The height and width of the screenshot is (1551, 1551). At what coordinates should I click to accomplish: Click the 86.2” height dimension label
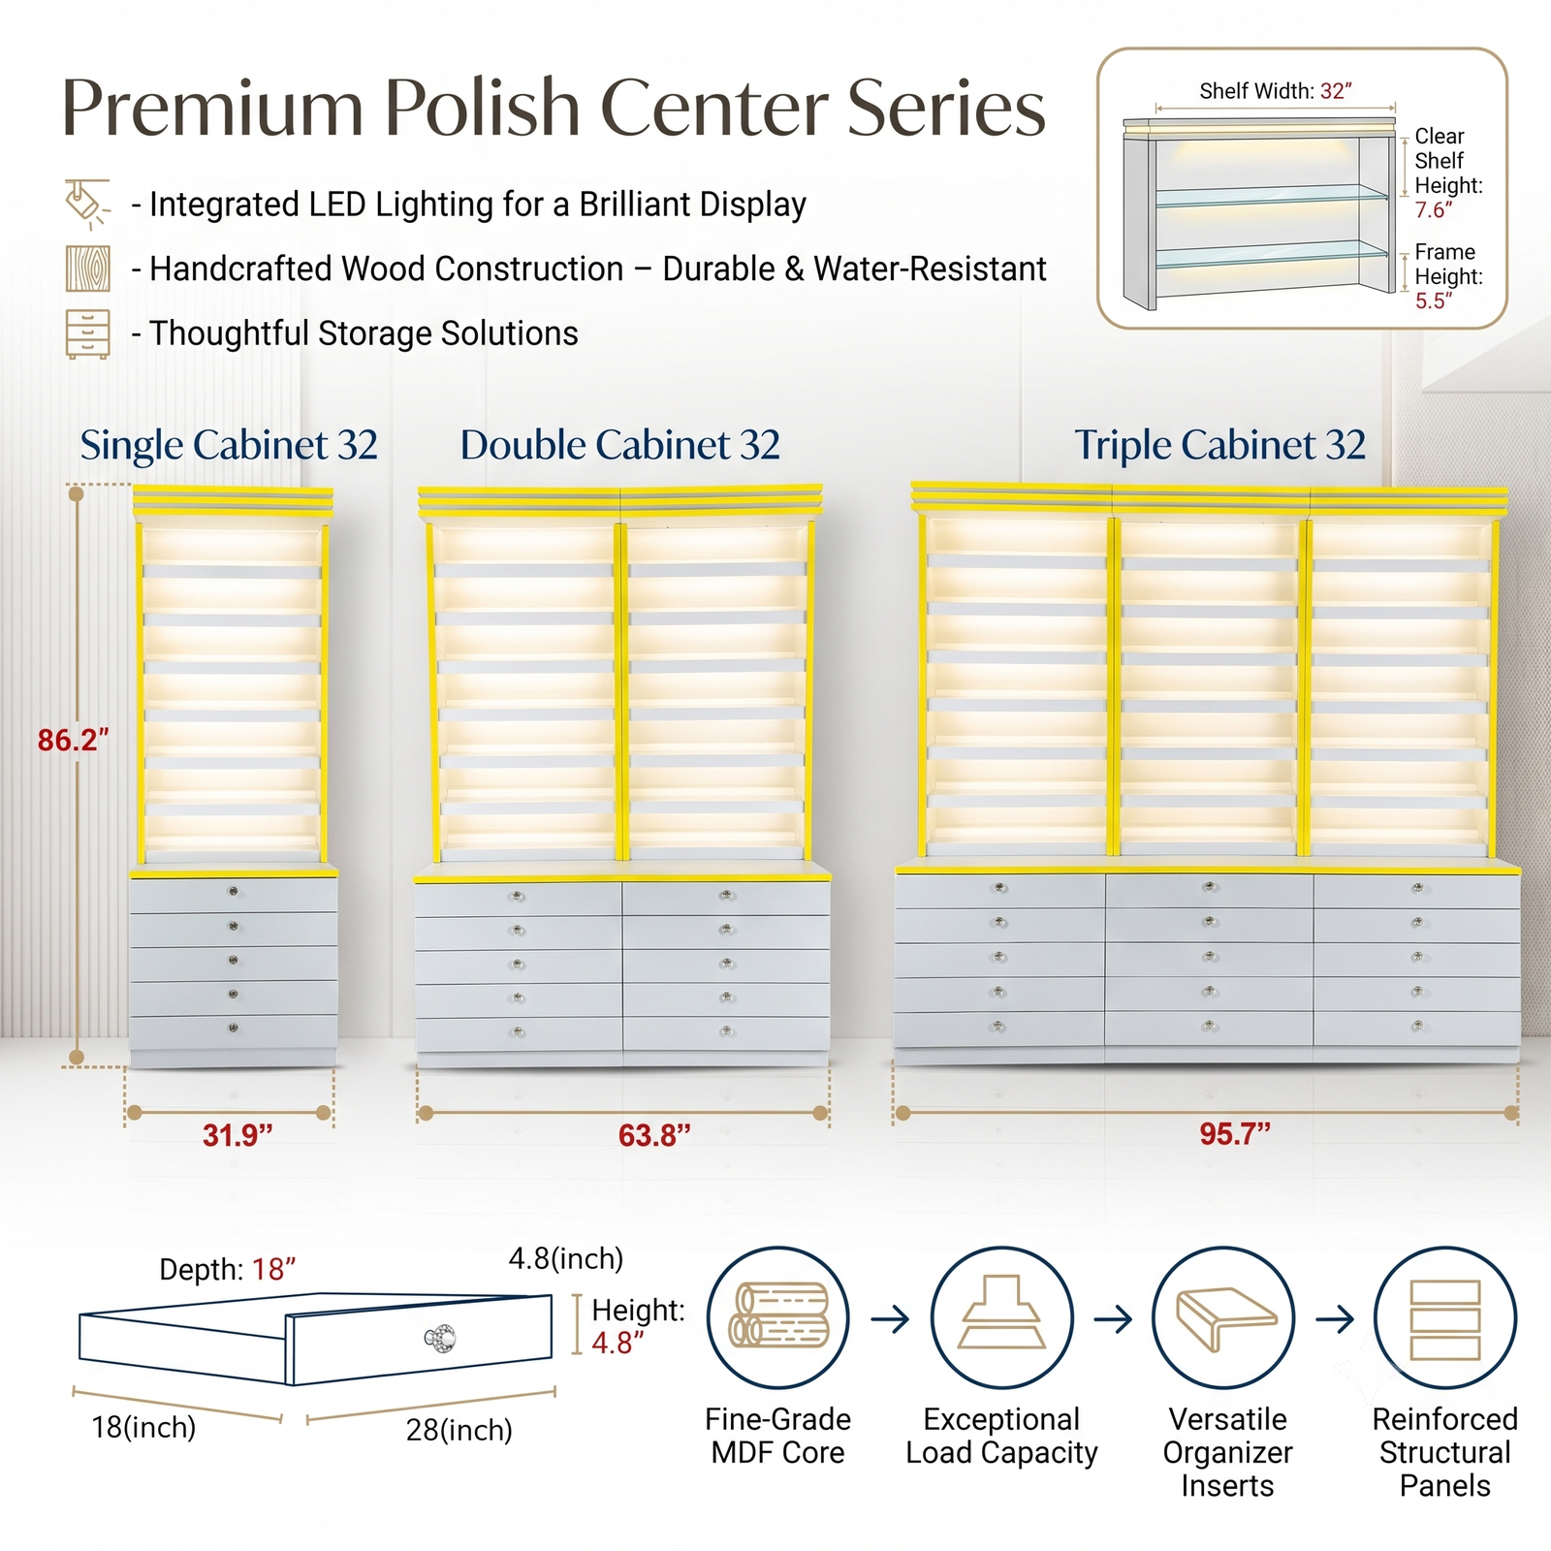(73, 740)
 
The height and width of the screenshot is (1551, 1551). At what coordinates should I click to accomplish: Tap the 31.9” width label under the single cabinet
(237, 1134)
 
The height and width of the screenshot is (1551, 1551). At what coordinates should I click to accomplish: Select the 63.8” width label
(654, 1134)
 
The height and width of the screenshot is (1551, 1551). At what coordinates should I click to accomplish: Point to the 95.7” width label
(1234, 1133)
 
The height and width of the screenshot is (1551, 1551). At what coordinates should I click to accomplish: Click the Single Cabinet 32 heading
(229, 445)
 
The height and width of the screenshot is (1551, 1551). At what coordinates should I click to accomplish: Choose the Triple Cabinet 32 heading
(1219, 445)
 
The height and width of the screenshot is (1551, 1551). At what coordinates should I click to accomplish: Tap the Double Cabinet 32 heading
(620, 445)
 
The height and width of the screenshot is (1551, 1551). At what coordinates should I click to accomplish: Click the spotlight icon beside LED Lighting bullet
(87, 204)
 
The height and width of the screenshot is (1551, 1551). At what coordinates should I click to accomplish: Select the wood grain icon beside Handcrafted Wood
(87, 269)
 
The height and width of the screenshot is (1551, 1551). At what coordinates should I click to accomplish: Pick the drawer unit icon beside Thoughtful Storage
(87, 334)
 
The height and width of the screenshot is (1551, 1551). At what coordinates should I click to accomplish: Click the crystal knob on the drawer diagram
(440, 1339)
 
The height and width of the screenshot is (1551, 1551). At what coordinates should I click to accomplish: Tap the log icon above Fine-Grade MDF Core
(778, 1317)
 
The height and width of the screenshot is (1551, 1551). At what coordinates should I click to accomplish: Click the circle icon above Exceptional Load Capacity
(1002, 1317)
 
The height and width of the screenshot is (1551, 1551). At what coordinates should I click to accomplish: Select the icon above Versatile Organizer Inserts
(1223, 1317)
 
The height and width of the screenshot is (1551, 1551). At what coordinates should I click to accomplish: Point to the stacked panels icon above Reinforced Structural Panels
(1445, 1317)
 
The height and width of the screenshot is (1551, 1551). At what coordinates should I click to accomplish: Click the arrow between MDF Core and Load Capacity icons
(890, 1318)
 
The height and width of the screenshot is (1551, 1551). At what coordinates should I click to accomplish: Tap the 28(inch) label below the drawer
(459, 1430)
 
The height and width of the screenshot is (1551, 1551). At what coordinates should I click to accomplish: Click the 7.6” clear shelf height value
(1434, 209)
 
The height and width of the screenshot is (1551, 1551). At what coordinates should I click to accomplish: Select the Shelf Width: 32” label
(1276, 91)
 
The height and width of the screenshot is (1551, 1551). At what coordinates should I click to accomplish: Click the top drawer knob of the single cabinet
(233, 891)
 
